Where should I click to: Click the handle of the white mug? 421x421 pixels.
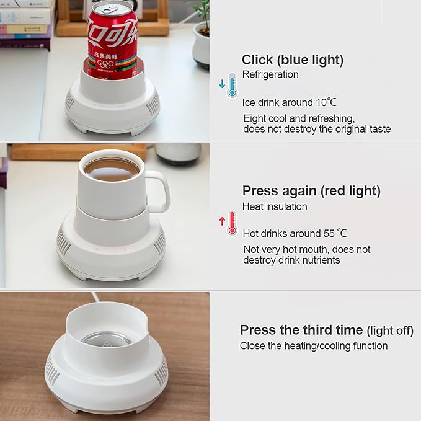point(159,192)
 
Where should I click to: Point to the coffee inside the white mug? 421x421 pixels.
point(111,169)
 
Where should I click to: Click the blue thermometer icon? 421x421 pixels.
point(231,85)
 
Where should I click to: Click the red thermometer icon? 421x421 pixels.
point(231,223)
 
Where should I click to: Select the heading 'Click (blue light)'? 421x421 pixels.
point(292,60)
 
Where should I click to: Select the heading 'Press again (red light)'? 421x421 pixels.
point(311,190)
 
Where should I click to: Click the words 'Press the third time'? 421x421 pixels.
point(301,329)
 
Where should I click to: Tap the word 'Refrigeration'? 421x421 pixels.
point(270,74)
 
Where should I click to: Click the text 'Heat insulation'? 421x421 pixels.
point(275,206)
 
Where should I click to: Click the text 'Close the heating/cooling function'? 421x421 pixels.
point(314,345)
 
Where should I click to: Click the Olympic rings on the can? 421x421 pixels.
point(105,63)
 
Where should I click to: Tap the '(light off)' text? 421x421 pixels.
point(390,330)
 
